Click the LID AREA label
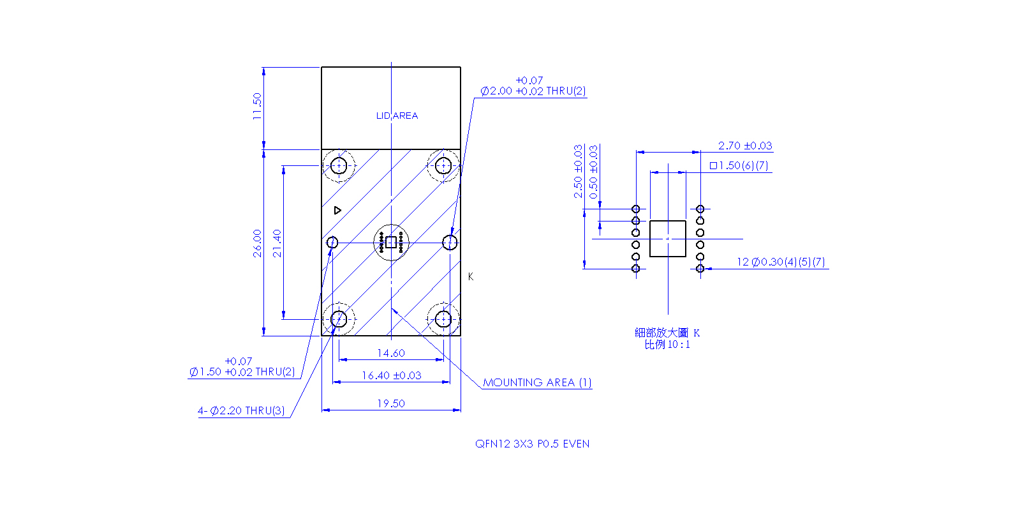pyautogui.click(x=397, y=116)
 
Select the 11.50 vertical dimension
pyautogui.click(x=257, y=106)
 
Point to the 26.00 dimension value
pyautogui.click(x=257, y=243)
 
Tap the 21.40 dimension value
pyautogui.click(x=277, y=243)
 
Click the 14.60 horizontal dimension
pyautogui.click(x=391, y=353)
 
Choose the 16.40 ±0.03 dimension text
pyautogui.click(x=392, y=375)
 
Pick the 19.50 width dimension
pyautogui.click(x=391, y=403)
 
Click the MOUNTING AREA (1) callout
pyautogui.click(x=537, y=382)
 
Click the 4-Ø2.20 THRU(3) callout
pyautogui.click(x=241, y=410)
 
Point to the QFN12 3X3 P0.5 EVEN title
pyautogui.click(x=532, y=444)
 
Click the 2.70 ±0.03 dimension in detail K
pyautogui.click(x=745, y=146)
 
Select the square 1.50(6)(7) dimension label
pyautogui.click(x=739, y=165)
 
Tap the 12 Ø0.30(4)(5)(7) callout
pyautogui.click(x=781, y=262)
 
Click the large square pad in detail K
pyautogui.click(x=667, y=239)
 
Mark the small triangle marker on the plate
pyautogui.click(x=337, y=210)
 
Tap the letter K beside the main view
pyautogui.click(x=470, y=276)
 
